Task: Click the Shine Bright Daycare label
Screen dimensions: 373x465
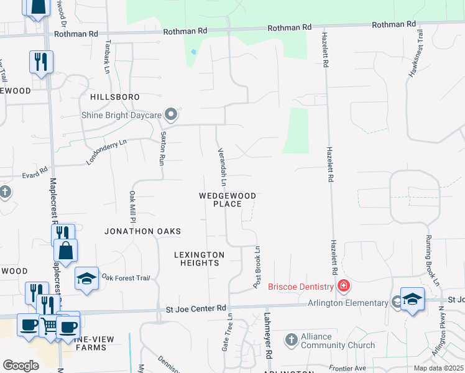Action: coord(122,115)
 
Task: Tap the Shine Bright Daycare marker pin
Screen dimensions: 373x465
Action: coord(172,115)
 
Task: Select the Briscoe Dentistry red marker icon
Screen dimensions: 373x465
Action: coord(343,286)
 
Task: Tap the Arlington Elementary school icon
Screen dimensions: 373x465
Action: coord(412,300)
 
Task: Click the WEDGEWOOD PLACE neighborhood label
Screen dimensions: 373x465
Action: coord(227,200)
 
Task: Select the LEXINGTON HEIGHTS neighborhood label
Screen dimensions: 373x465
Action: coord(199,259)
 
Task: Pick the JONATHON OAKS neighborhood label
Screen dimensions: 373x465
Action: coord(142,231)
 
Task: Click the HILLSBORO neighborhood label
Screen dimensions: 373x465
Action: coord(114,98)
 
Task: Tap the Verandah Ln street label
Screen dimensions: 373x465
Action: coord(221,167)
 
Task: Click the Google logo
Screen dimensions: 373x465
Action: coord(21,366)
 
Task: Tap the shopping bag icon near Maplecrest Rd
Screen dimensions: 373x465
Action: coord(66,251)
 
